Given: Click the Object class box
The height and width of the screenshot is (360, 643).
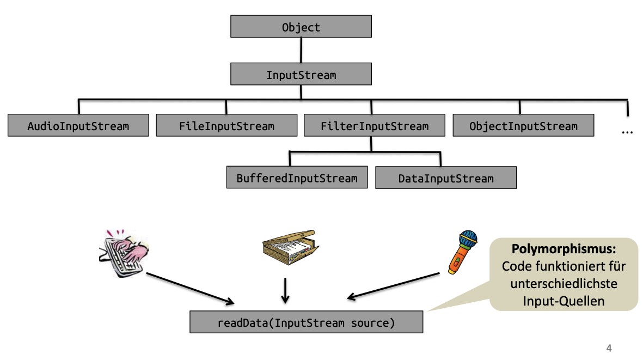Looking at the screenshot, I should click(x=301, y=26).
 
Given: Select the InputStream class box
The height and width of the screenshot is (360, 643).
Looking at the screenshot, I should click(x=301, y=75).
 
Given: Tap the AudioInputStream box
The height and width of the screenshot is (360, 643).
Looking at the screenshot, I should click(x=78, y=126).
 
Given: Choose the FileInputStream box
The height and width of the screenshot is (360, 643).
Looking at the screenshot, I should click(x=226, y=126).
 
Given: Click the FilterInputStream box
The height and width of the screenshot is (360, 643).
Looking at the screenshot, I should click(x=375, y=126).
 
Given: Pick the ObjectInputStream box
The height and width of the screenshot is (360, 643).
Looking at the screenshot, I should click(x=523, y=126).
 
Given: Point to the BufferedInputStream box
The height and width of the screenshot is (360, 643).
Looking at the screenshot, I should click(x=297, y=178).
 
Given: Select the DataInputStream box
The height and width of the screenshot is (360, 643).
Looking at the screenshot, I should click(x=446, y=178).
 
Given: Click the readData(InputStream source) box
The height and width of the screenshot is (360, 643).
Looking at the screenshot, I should click(x=306, y=322).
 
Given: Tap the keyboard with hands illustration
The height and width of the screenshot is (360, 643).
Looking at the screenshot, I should click(x=124, y=253).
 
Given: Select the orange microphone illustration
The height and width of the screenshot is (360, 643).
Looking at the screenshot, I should click(x=462, y=250).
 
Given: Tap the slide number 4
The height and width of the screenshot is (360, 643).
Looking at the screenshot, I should click(x=609, y=348).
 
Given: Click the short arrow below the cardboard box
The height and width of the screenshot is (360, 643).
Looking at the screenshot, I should click(x=285, y=290).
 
